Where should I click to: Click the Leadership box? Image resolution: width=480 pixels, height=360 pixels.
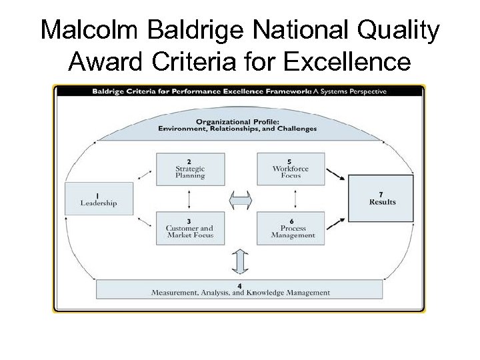click(x=99, y=199)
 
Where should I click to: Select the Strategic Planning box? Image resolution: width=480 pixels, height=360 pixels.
click(x=190, y=169)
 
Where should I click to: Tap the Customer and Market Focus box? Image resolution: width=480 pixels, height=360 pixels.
click(x=190, y=229)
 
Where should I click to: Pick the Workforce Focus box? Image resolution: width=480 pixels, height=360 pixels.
click(x=291, y=169)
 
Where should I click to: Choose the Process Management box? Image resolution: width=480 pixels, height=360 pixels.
click(x=291, y=229)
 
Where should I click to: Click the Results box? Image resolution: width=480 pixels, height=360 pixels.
click(x=381, y=198)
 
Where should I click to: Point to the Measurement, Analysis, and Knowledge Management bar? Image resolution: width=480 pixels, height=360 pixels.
click(x=240, y=290)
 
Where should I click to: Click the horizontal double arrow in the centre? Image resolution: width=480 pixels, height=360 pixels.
click(x=240, y=199)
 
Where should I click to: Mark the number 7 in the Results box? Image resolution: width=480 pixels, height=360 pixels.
click(x=381, y=193)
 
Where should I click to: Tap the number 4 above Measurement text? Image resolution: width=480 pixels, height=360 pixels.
click(x=239, y=285)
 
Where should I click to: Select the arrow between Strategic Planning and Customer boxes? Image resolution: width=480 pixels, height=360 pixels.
click(x=190, y=199)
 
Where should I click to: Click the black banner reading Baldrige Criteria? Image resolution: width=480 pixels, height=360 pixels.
click(x=239, y=92)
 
